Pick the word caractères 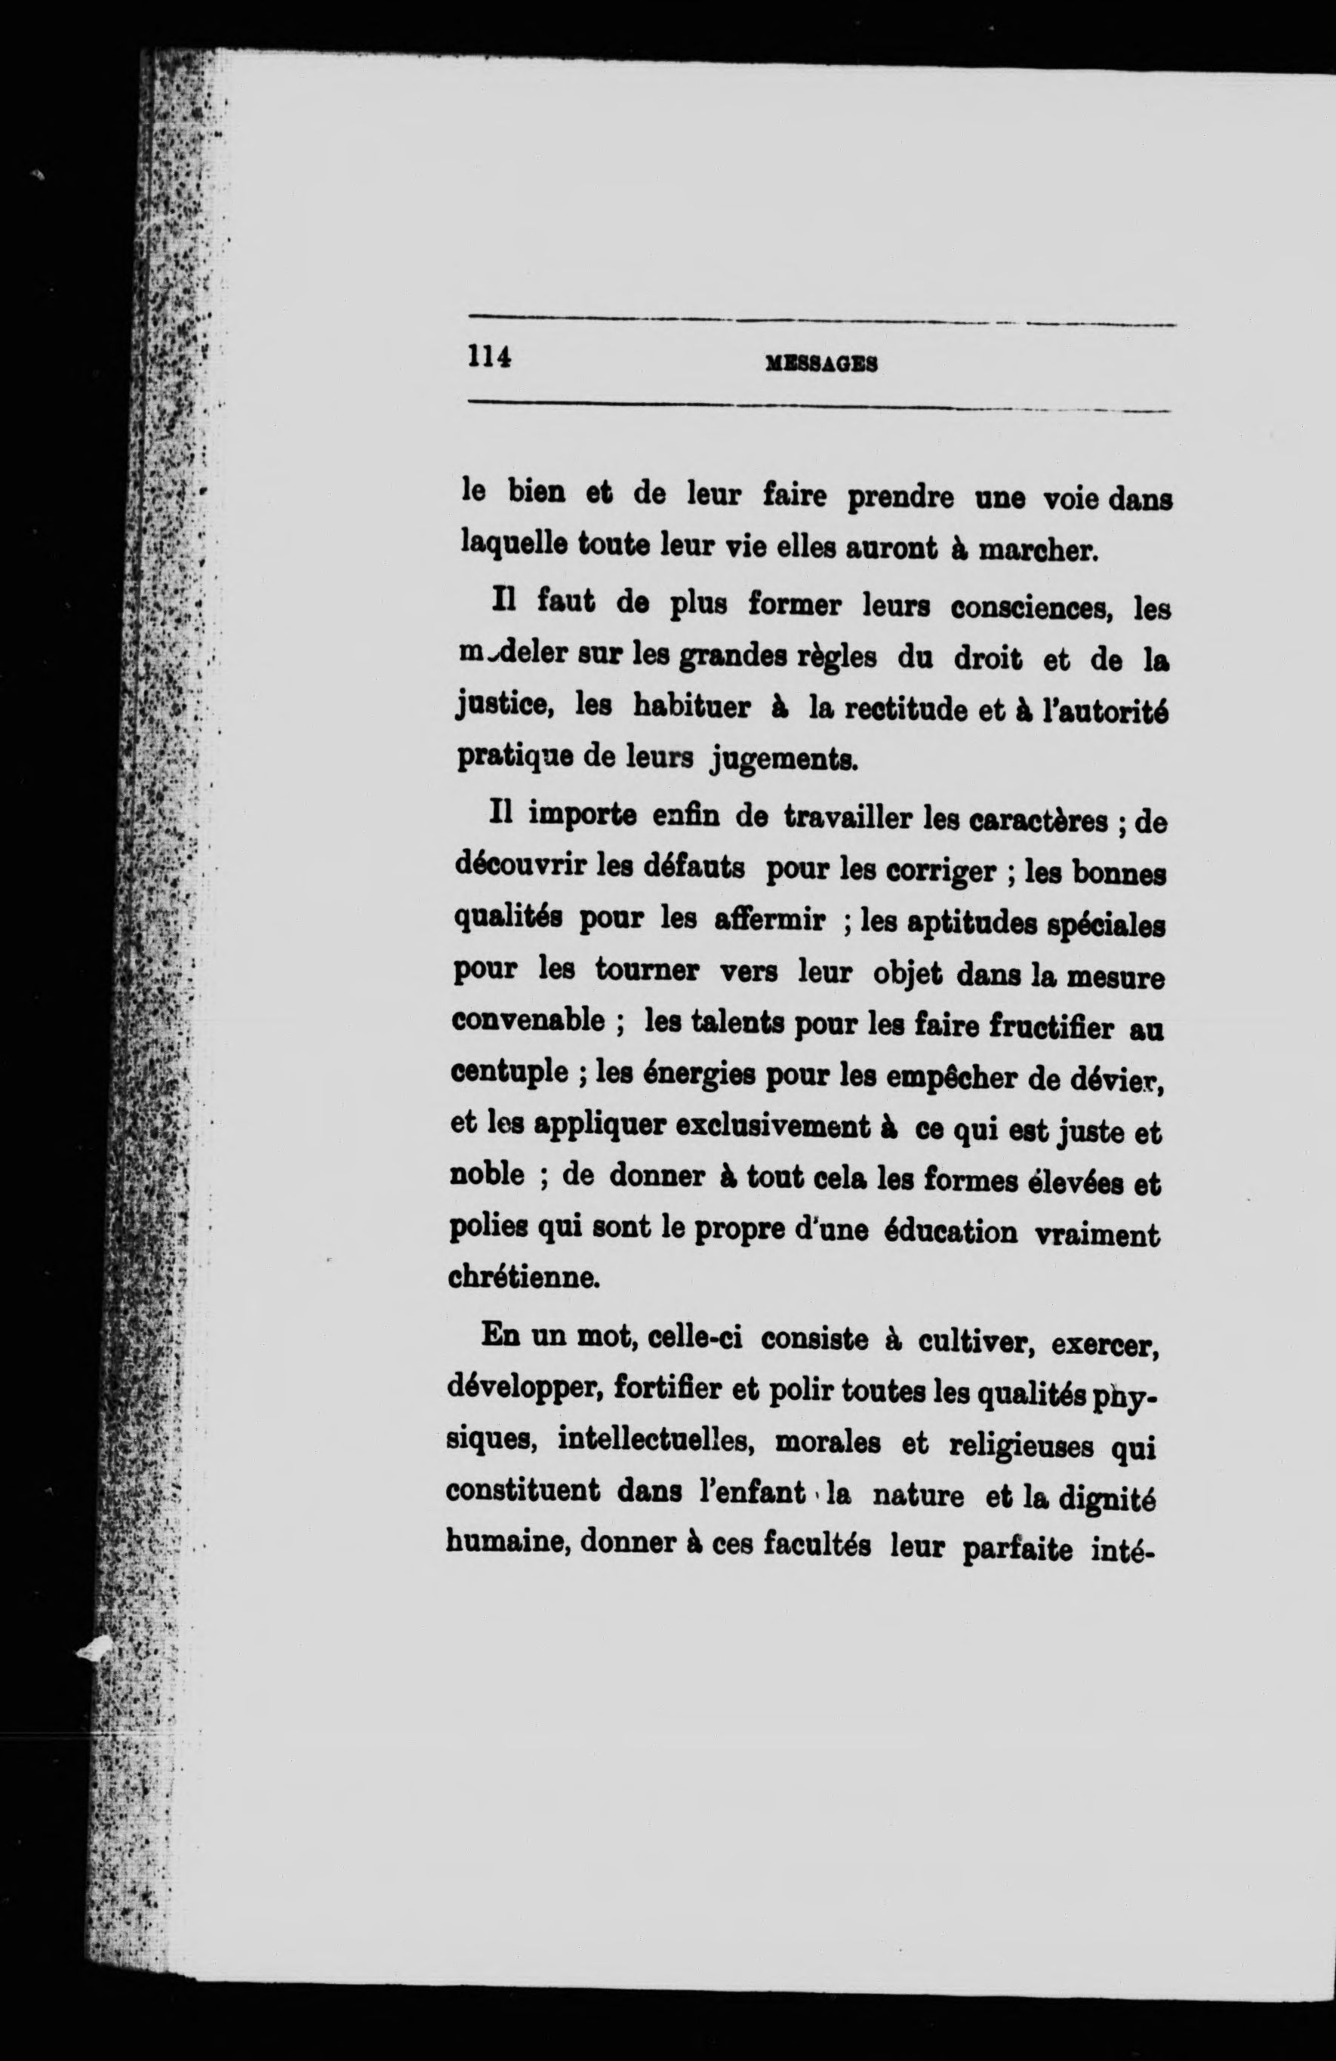coord(1037,820)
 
